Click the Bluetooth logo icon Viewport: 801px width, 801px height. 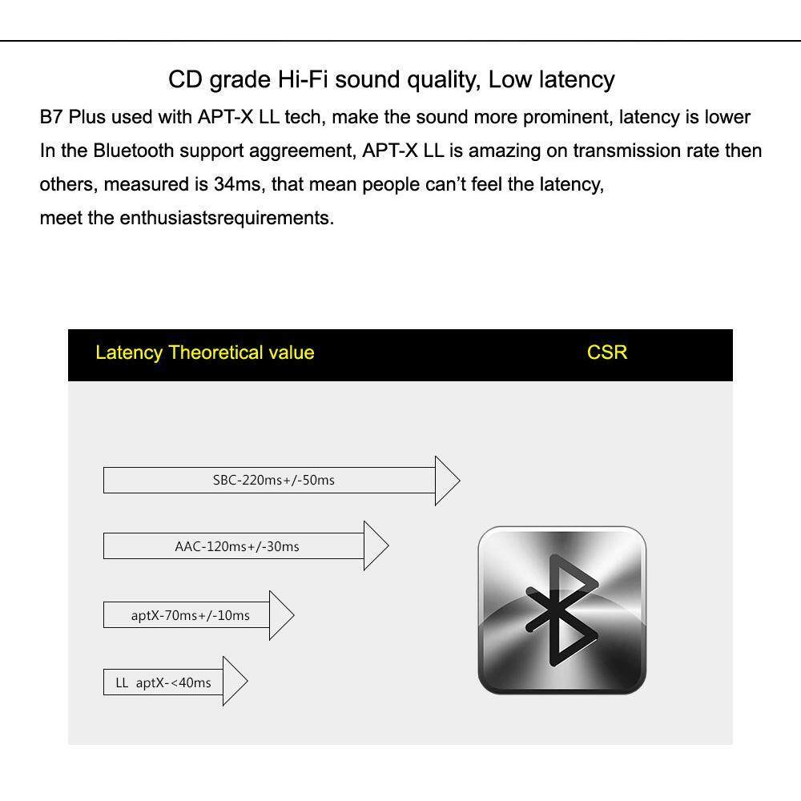(562, 610)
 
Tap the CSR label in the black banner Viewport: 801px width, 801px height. (606, 352)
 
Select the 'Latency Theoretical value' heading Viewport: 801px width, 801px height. (204, 352)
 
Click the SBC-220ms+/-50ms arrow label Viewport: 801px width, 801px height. (273, 481)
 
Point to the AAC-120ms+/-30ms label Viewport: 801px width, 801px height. (237, 546)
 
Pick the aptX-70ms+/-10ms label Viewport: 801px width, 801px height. (190, 615)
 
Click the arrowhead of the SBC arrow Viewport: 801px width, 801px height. (447, 481)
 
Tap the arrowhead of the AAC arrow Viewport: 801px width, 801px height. (376, 545)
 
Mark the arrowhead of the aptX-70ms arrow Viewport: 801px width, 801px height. (281, 615)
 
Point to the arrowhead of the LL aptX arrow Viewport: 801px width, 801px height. (235, 682)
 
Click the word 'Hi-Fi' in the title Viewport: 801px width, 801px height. (304, 80)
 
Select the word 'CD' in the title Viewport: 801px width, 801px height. (184, 80)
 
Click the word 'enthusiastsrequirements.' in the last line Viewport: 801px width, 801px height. (227, 218)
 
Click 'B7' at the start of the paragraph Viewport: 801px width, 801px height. (50, 117)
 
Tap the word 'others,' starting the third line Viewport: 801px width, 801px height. (69, 184)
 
